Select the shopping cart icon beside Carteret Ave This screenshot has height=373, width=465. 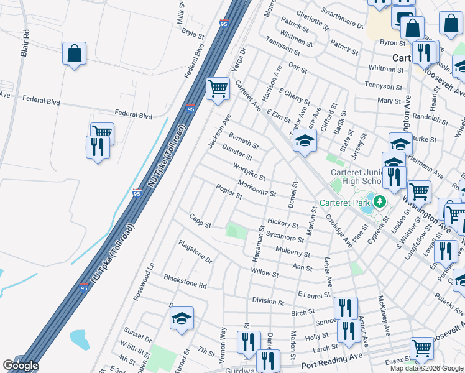[218, 89]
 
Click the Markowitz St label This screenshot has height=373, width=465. [257, 187]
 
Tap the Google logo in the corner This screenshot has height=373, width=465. [21, 366]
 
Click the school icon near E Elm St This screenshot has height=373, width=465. [305, 143]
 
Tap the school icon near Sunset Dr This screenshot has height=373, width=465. [182, 318]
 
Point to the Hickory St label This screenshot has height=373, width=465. [283, 221]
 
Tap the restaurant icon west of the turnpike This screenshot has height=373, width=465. [98, 147]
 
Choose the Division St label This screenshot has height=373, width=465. [268, 301]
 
